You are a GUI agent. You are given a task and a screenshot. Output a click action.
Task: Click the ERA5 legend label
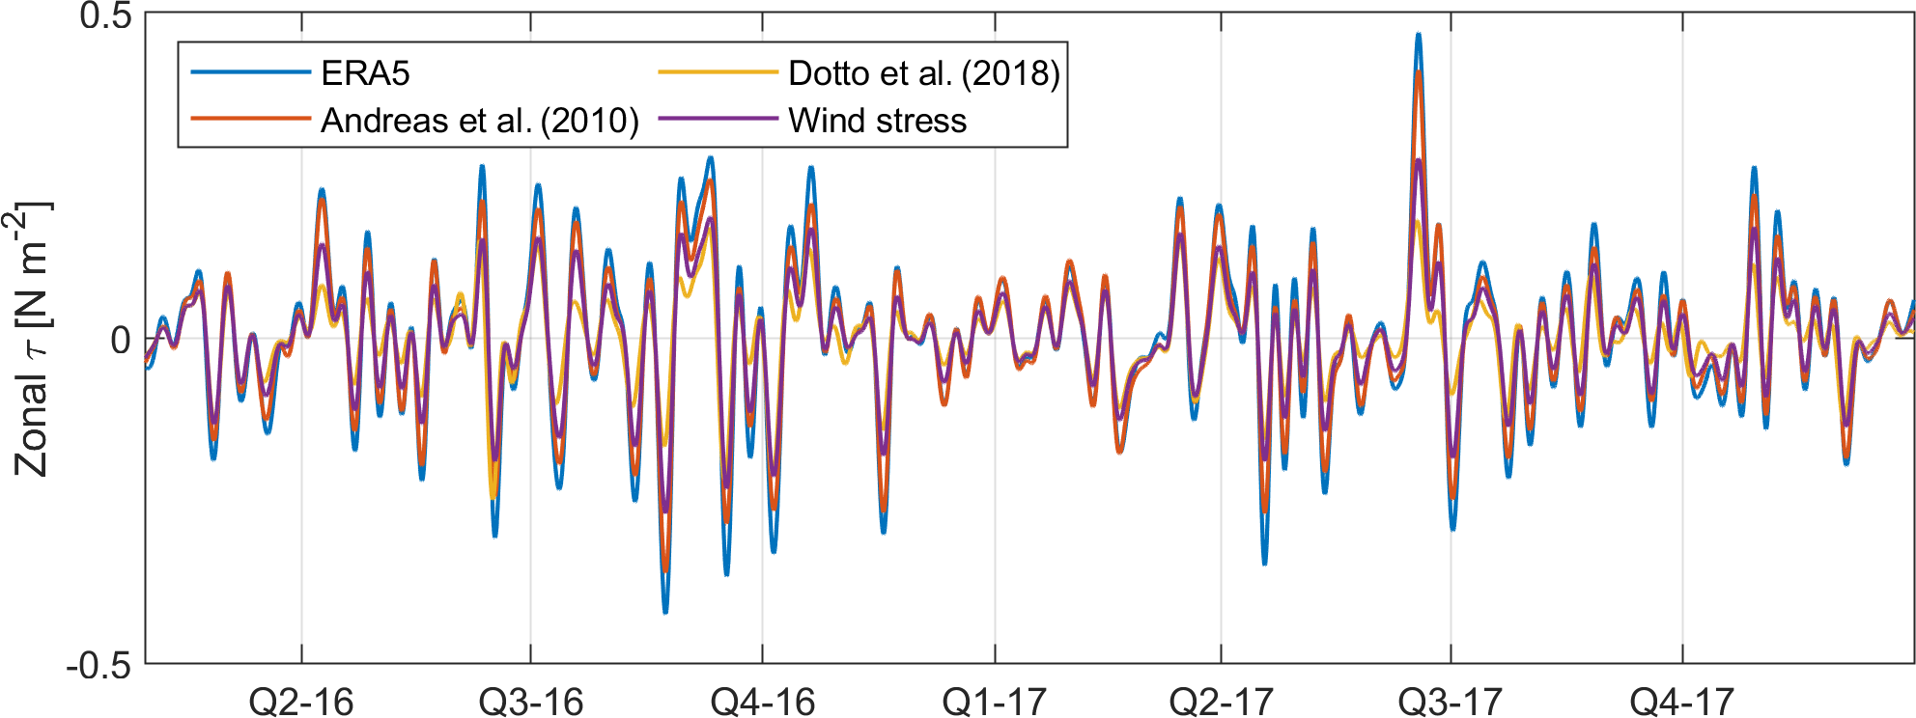[x=365, y=73]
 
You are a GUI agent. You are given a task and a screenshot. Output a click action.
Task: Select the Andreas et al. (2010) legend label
[x=480, y=121]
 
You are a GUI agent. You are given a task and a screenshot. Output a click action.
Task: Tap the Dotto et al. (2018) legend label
[x=924, y=73]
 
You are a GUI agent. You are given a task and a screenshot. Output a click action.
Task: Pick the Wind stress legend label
[x=877, y=121]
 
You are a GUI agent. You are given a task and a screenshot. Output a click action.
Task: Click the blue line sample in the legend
[x=250, y=72]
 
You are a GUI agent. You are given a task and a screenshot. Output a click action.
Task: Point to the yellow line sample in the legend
[x=718, y=72]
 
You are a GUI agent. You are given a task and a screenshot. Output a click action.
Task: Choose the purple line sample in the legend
[x=718, y=120]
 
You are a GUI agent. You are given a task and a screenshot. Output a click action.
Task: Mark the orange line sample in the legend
[x=250, y=120]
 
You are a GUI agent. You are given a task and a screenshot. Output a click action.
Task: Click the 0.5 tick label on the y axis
[x=105, y=15]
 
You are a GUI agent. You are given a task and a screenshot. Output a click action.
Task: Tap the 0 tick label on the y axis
[x=121, y=340]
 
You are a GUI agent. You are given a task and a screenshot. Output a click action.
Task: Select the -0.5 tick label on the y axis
[x=99, y=666]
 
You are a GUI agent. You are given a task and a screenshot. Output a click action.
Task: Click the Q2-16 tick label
[x=301, y=702]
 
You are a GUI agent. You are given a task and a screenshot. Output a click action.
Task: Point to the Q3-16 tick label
[x=531, y=702]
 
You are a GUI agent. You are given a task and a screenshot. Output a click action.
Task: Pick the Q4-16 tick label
[x=763, y=702]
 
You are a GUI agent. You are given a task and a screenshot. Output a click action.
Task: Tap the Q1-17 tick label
[x=995, y=702]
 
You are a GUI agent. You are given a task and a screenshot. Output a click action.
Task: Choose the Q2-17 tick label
[x=1221, y=702]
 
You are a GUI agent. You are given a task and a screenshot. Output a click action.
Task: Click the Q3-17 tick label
[x=1451, y=702]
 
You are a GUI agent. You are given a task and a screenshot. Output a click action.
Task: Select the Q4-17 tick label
[x=1682, y=702]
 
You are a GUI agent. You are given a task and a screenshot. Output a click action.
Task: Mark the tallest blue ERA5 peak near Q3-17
[x=1418, y=35]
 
